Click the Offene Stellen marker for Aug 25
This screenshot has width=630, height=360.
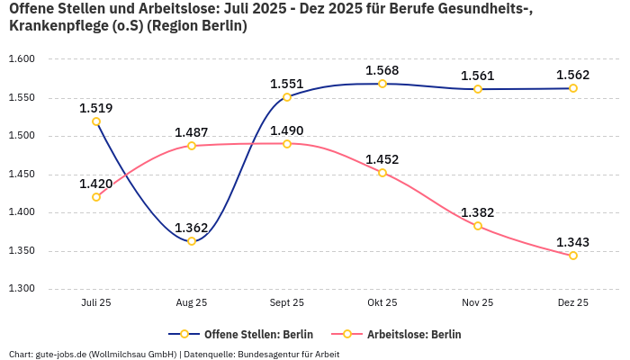[192, 241]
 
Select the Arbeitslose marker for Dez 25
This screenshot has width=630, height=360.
[573, 256]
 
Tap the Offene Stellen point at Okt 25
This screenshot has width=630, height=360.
[382, 84]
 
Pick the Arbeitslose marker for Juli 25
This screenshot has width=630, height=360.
[96, 197]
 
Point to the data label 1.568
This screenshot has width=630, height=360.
[382, 70]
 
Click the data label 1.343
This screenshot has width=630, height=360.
[573, 242]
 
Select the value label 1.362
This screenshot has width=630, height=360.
[192, 228]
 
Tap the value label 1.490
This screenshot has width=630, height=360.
[287, 130]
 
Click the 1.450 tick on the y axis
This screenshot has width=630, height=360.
[22, 175]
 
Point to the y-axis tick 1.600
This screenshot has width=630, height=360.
[22, 59]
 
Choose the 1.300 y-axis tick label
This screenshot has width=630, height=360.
[22, 289]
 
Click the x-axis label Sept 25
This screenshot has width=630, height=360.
[287, 303]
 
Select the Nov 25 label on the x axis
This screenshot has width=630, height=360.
[478, 303]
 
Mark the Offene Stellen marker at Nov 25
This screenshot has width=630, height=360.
[478, 88]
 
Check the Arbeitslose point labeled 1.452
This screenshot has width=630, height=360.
[382, 173]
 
